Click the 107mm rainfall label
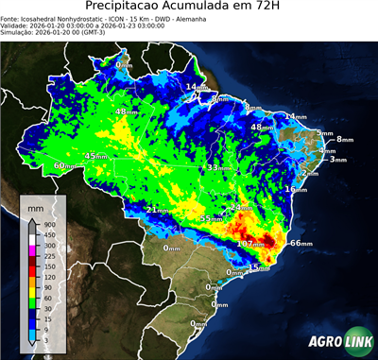point(249,244)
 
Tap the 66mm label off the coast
point(301,243)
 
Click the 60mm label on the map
point(64,166)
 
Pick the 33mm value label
point(217,167)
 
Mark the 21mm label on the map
point(158,210)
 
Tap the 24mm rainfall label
point(242,207)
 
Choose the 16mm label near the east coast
point(296,189)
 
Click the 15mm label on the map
point(258,268)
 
